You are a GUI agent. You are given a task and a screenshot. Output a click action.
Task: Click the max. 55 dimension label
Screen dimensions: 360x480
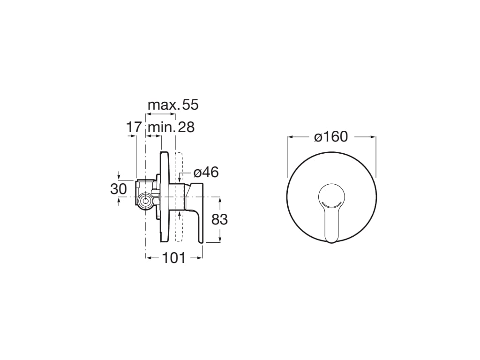click(x=173, y=105)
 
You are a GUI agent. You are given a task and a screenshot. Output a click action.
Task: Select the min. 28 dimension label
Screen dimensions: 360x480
click(x=171, y=127)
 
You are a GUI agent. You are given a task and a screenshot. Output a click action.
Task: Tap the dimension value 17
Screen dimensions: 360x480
click(x=134, y=127)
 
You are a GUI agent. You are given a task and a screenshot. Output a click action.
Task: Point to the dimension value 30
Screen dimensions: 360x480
click(x=119, y=189)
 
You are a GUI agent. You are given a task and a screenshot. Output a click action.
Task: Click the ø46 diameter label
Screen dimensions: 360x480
click(x=206, y=172)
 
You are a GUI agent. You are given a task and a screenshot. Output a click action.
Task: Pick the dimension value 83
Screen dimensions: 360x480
click(x=219, y=219)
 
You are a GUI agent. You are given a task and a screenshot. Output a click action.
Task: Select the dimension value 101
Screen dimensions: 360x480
click(x=174, y=257)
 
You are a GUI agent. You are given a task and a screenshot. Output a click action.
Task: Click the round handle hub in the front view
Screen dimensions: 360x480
click(x=331, y=194)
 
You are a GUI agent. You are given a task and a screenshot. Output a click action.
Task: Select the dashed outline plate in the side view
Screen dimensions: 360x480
click(x=178, y=197)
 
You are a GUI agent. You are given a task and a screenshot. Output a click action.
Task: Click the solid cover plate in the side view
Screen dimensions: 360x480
click(x=164, y=197)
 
